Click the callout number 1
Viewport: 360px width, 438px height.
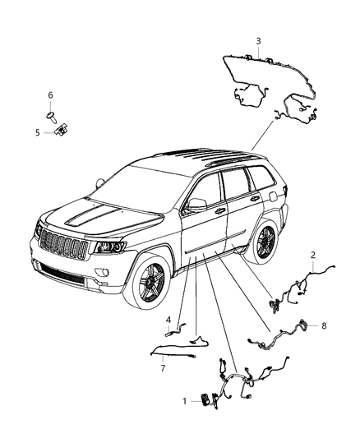[x=184, y=401]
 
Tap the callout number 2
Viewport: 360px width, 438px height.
[x=313, y=255]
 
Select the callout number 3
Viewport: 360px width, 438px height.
[x=258, y=41]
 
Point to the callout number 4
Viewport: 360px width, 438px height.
[x=168, y=320]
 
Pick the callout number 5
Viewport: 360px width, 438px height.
[x=38, y=132]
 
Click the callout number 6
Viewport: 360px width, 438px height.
[x=50, y=95]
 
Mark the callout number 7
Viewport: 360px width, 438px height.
[x=163, y=368]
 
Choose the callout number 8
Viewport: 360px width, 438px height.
[x=324, y=325]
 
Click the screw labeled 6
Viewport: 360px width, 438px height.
[x=52, y=117]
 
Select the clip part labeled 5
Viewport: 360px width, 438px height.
[x=62, y=130]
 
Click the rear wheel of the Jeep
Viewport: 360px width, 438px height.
[x=262, y=241]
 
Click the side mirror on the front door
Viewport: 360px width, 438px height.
[x=196, y=205]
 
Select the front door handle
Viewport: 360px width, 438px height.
[x=220, y=210]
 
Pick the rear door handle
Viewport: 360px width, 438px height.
[x=255, y=198]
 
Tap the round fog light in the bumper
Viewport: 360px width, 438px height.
[x=102, y=271]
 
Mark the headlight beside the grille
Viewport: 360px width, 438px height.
[x=110, y=247]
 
